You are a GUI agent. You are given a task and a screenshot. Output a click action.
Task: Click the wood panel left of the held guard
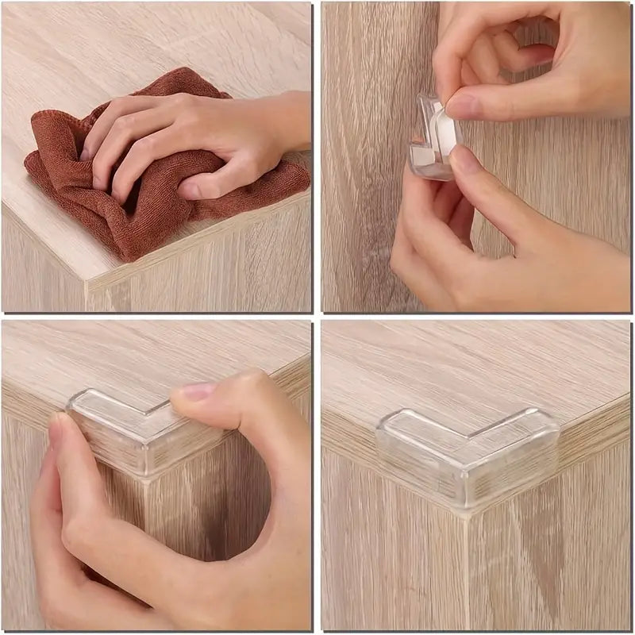[365, 159]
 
